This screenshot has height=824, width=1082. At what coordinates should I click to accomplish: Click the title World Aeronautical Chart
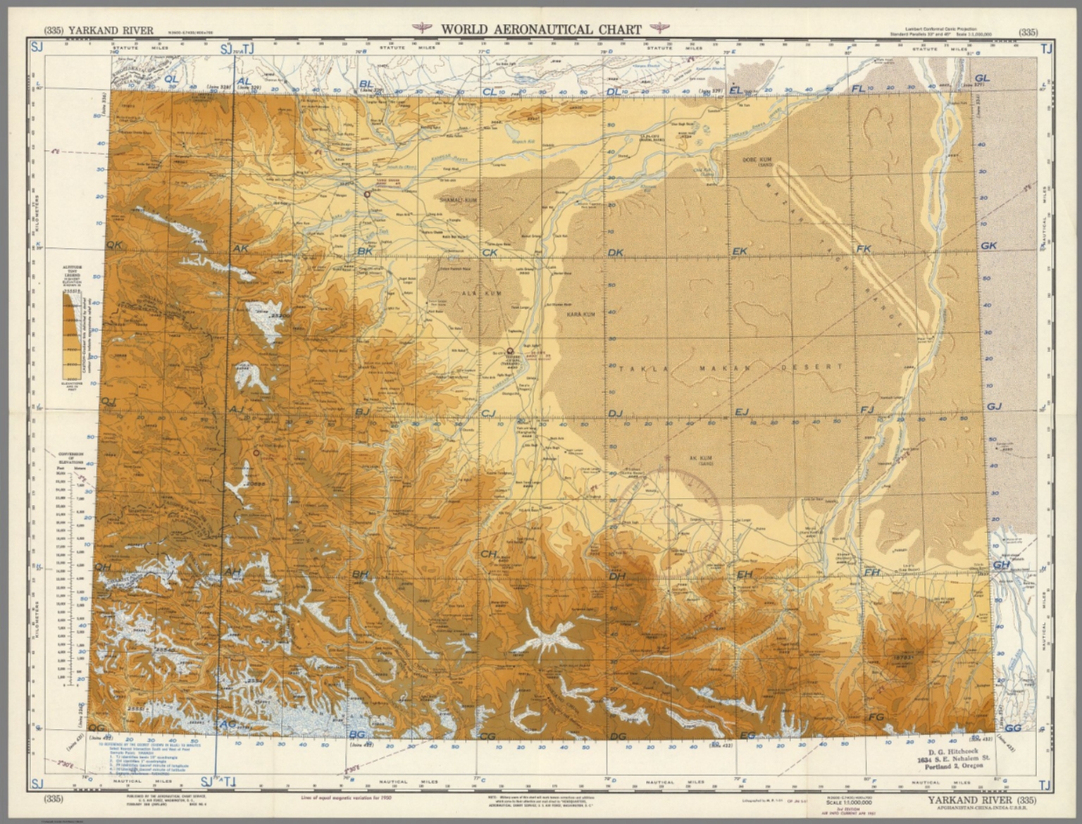[x=541, y=30]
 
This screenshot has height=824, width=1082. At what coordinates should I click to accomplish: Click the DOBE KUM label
[x=757, y=161]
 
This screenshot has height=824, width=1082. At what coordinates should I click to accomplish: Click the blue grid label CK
[x=490, y=252]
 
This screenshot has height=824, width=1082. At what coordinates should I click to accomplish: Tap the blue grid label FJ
[x=866, y=410]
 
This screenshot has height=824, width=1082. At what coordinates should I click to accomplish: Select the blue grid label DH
[x=617, y=577]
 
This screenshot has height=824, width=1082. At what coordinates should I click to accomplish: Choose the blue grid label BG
[x=357, y=735]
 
